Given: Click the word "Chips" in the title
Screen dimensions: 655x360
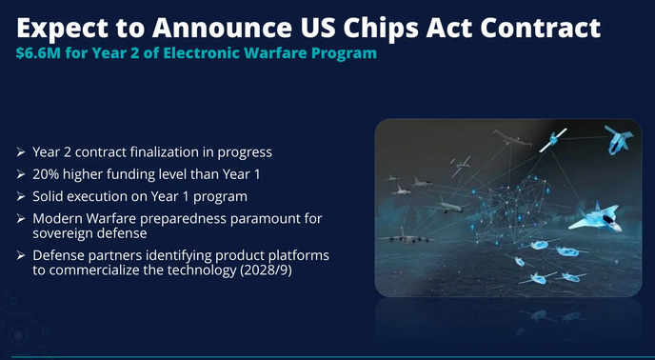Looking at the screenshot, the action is tap(379, 28).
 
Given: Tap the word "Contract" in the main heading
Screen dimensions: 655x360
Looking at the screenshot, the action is tap(540, 28).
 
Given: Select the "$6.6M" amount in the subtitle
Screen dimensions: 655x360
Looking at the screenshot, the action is tap(38, 53).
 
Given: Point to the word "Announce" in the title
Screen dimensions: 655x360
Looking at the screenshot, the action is tap(222, 28).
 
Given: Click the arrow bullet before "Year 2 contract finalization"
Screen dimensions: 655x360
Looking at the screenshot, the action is tap(21, 152).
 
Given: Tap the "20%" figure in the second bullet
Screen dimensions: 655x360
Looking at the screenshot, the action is tap(46, 174).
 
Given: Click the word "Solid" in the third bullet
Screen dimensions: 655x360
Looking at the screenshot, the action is tap(48, 196).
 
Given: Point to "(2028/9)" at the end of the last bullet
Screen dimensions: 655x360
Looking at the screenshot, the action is tap(267, 270).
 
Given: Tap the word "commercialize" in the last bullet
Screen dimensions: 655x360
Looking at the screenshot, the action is tap(89, 270).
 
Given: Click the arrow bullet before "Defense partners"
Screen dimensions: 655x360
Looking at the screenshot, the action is tap(21, 255).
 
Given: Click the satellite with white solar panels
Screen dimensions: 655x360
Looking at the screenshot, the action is tap(553, 140).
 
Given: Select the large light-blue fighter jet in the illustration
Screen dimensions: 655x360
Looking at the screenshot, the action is tap(597, 217).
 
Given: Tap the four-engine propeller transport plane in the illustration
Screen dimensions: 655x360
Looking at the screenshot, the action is tap(406, 236).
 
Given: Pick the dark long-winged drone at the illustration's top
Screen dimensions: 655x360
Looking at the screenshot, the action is tap(512, 138).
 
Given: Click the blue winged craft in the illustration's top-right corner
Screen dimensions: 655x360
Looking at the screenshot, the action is tap(619, 140).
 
